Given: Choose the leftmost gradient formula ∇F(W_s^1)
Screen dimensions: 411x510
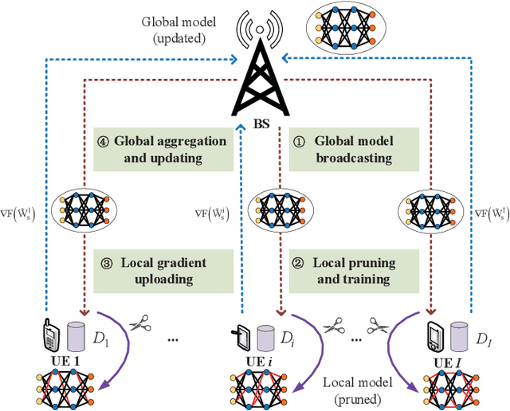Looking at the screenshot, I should coord(24,213).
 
